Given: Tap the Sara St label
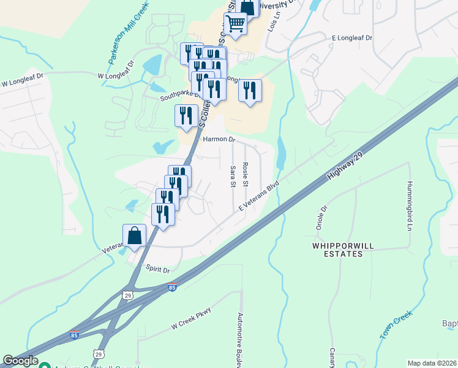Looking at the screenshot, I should point(233,175).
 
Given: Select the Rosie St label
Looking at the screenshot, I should point(245,175).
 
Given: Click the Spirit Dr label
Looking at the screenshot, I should point(157,269).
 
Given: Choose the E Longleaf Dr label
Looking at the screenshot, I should point(353,38).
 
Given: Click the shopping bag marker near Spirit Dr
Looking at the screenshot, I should point(134,236).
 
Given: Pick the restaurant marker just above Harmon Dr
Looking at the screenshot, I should point(186,116).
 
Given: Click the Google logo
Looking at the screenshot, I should point(20,361).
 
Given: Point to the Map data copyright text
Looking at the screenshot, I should point(432,363).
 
